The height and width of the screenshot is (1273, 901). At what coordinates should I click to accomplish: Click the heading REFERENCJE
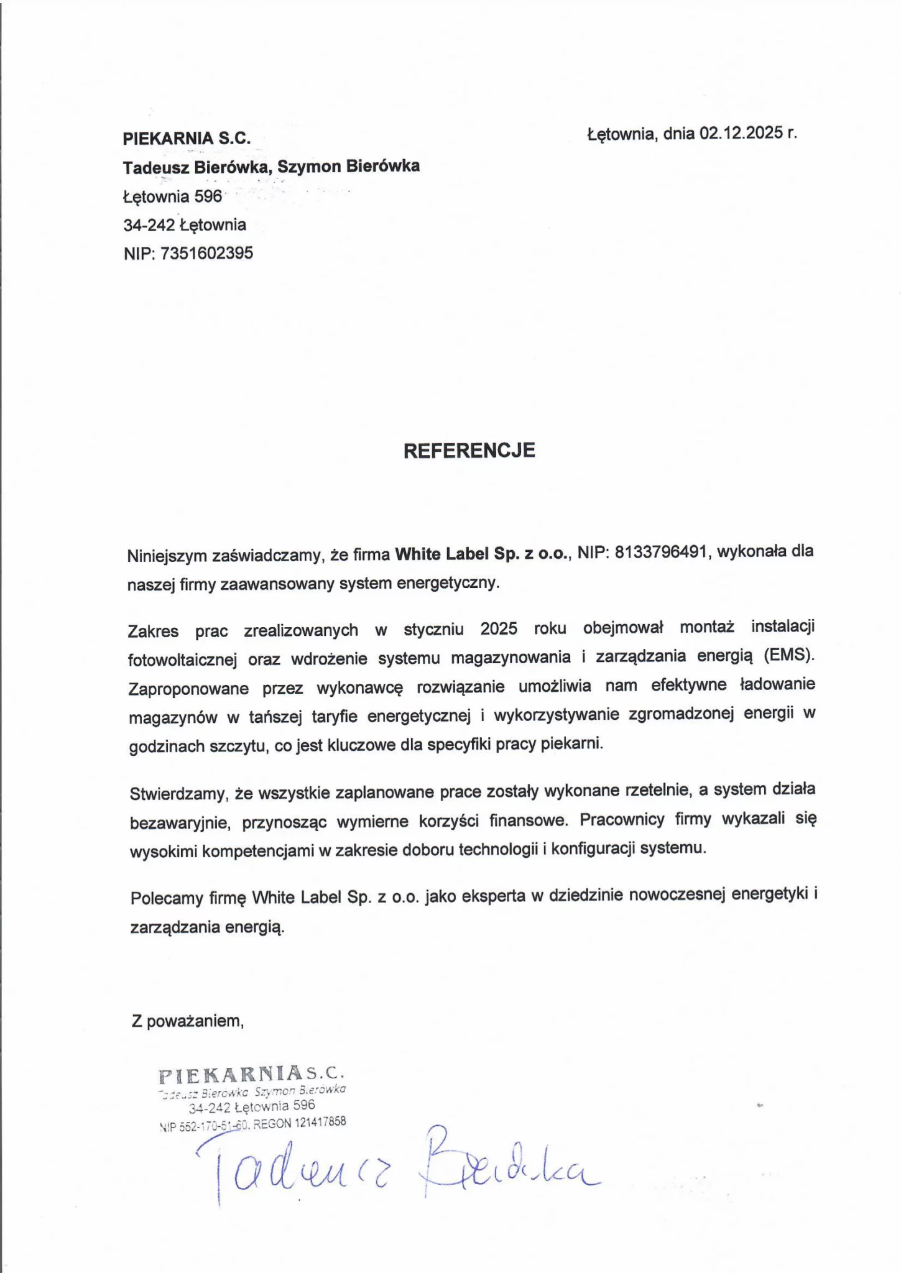pos(469,450)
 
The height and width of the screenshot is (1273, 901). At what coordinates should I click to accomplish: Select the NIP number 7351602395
pos(206,253)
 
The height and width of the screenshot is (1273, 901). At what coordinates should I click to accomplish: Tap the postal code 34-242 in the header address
pos(149,225)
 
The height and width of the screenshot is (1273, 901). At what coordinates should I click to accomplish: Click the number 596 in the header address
pos(208,196)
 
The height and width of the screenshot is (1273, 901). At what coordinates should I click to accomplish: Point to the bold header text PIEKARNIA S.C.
pos(187,139)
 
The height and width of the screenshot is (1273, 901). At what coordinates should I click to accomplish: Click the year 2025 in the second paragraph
pos(499,628)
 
